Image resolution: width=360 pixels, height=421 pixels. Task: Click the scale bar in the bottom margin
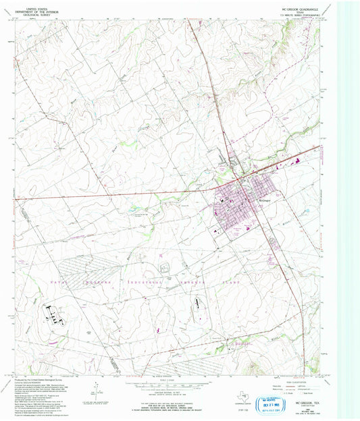[160, 385]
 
